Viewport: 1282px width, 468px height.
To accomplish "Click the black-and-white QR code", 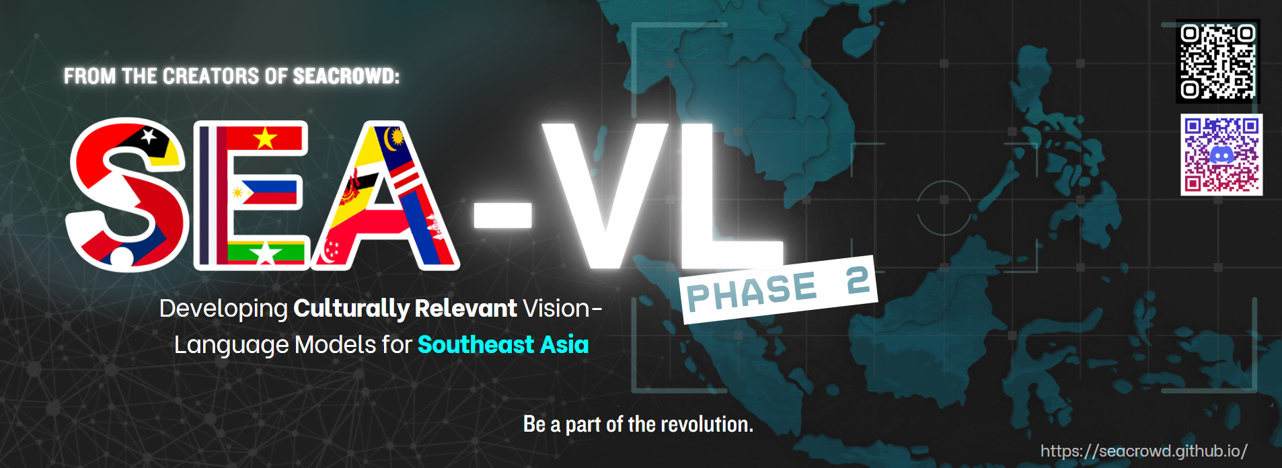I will (x=1217, y=61).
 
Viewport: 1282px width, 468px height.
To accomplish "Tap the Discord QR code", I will (x=1221, y=155).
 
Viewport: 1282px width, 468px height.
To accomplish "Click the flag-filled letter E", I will (x=251, y=195).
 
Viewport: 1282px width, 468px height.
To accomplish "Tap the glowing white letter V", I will (x=607, y=195).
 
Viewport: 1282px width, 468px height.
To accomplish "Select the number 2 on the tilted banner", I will (x=858, y=280).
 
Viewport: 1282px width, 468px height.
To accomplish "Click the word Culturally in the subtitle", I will (x=351, y=309).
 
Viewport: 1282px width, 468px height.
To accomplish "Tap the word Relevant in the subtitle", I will (x=465, y=309).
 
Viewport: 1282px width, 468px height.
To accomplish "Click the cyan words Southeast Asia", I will (x=503, y=345).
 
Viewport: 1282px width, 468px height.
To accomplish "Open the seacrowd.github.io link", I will (x=1143, y=451).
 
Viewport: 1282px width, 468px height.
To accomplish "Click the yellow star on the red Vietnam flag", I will (x=265, y=139).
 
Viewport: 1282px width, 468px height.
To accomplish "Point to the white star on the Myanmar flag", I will (x=266, y=254).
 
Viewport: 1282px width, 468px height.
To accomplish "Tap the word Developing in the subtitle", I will (x=223, y=309).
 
